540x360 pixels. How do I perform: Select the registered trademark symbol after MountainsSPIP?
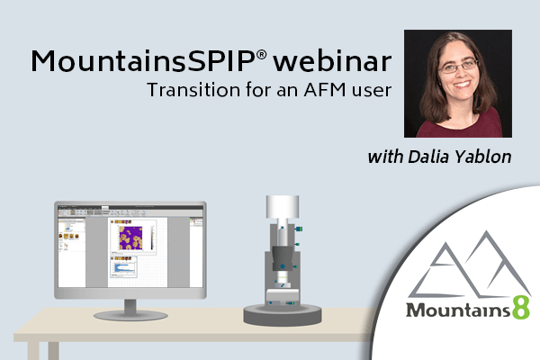point(261,55)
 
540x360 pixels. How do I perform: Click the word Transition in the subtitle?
point(193,90)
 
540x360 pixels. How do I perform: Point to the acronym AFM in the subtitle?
point(324,90)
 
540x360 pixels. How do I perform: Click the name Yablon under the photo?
point(482,157)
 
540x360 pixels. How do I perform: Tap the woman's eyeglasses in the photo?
point(458,66)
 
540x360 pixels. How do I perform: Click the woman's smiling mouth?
point(462,84)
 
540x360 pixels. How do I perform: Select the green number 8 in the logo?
point(521,308)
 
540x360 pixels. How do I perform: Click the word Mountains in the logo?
point(458,310)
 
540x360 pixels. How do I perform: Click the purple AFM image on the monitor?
point(130,238)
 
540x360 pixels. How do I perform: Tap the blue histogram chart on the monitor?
point(124,267)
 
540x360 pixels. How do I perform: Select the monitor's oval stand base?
point(130,315)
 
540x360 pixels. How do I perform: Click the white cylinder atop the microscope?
point(283,207)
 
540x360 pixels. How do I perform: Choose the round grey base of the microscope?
point(283,314)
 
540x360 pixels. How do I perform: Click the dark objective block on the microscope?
point(283,258)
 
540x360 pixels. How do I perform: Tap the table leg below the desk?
point(33,351)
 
